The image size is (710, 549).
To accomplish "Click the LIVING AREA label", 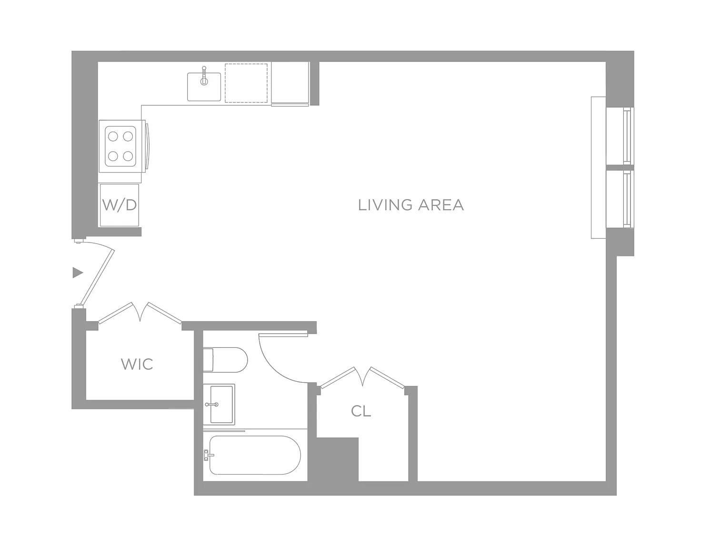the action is pos(410,205).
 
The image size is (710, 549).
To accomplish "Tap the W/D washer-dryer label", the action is pos(119,205).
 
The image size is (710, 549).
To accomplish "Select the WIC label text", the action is pos(137,364).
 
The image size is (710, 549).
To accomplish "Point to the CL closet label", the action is pos(361,411).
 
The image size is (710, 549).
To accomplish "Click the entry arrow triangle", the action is pos(78,273).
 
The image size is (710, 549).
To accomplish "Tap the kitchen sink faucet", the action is pos(204,75).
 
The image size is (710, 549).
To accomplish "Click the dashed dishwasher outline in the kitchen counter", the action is pos(246,83).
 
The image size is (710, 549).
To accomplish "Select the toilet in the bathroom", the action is pos(225,360).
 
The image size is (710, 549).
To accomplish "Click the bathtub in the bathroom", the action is pos(255,455).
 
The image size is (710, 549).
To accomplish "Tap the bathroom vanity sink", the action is pos(219,405).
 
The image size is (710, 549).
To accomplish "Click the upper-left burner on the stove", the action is pos(113,136).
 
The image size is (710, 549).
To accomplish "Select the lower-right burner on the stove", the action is pos(128,156).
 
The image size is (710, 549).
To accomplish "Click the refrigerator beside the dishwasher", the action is pos(290,84).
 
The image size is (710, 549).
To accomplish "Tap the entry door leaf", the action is pos(97,277).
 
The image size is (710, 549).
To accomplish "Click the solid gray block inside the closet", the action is pos(337,459).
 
